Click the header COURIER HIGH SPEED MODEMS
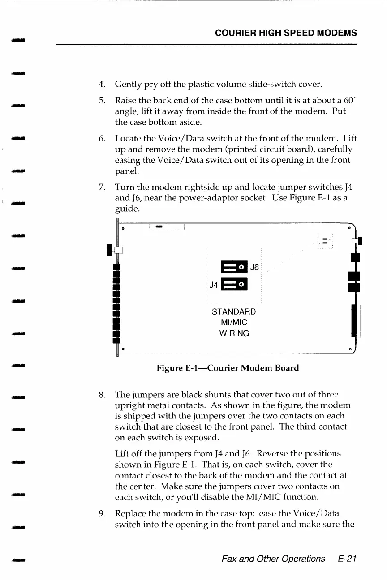286,33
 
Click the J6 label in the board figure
254,268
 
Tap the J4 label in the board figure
214,285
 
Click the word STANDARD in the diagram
234,311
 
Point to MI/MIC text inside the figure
234,322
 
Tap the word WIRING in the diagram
234,333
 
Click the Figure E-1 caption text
228,368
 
